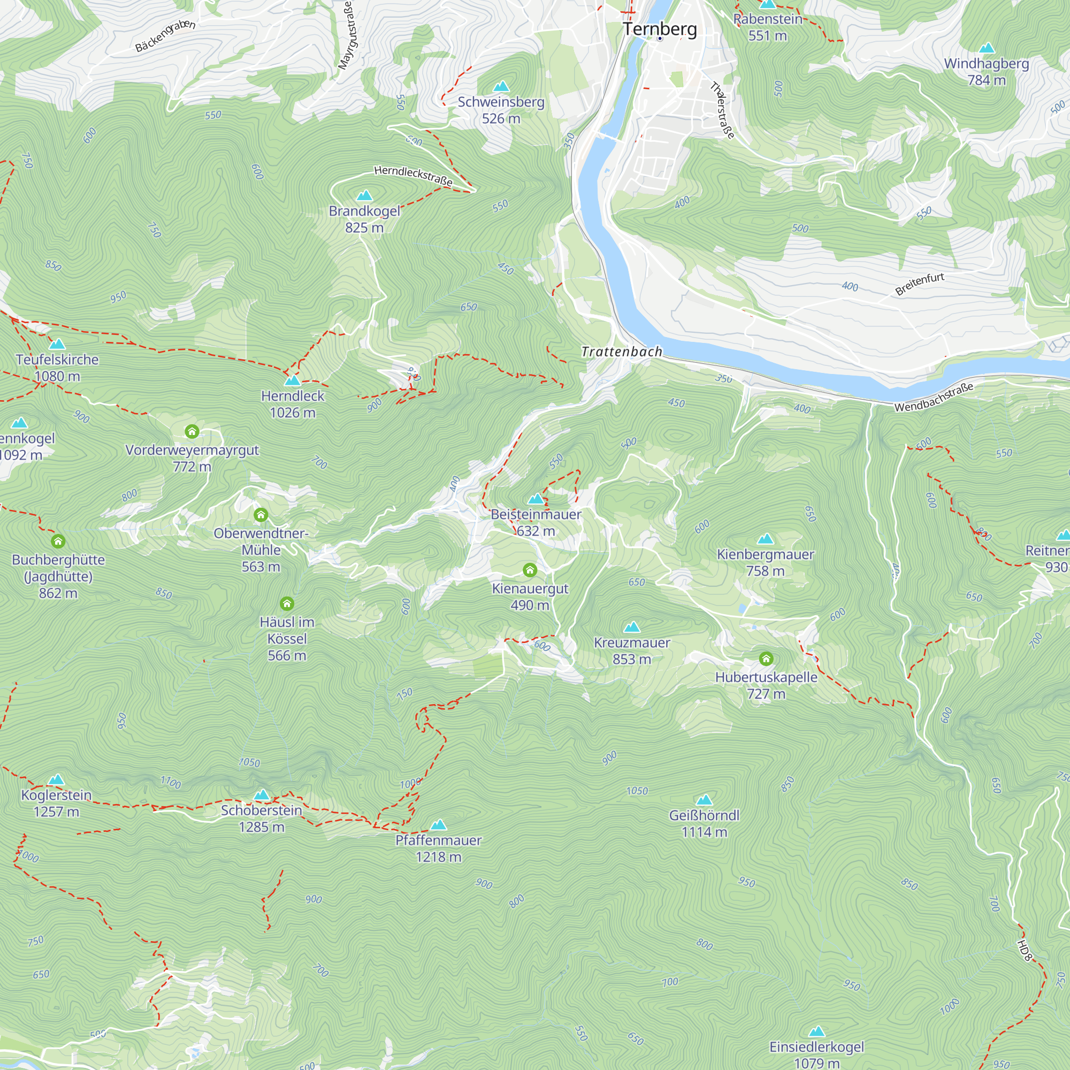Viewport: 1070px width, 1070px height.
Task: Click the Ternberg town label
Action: pos(660,29)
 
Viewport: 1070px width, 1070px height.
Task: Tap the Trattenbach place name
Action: pos(621,351)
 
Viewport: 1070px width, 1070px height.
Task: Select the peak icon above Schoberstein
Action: pos(262,795)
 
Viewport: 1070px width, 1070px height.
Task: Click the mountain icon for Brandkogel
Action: pos(364,195)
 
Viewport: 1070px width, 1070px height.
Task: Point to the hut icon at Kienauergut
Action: pos(530,570)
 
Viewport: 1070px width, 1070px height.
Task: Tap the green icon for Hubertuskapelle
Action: pos(766,659)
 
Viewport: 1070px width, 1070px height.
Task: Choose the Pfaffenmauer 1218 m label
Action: pos(438,849)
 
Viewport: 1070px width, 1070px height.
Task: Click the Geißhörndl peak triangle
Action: pos(704,800)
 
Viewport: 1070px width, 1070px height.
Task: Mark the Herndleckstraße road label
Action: pos(413,175)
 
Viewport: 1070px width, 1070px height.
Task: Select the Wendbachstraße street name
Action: pos(934,397)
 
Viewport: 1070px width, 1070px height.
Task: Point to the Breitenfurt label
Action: pos(919,284)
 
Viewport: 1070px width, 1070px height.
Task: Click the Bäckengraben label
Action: pos(165,36)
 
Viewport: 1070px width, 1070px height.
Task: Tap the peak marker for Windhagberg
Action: pos(987,48)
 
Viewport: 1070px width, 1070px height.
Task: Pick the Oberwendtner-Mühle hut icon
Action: pos(261,515)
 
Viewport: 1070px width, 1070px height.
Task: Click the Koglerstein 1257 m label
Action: pos(56,803)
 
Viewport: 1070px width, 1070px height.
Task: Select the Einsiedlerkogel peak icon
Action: pos(817,1031)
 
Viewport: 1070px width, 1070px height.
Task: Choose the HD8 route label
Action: pos(1025,950)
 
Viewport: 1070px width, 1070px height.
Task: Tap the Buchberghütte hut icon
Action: pos(58,541)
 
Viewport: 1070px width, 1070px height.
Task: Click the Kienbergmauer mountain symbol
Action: pos(766,538)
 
